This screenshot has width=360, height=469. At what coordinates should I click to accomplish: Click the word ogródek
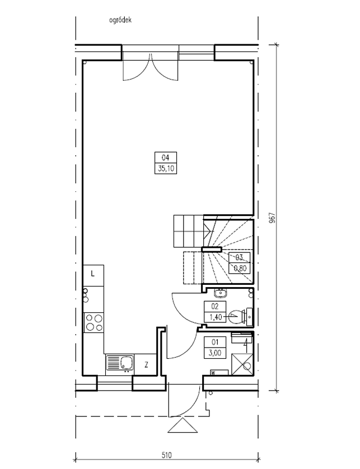click(120, 20)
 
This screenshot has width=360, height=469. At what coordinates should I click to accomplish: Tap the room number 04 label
click(166, 157)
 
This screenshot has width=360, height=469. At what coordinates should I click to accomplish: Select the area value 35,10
click(166, 168)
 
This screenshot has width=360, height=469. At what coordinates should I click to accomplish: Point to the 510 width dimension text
click(167, 455)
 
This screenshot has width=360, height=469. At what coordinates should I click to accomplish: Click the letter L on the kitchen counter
click(93, 273)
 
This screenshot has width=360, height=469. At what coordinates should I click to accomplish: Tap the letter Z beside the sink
click(146, 364)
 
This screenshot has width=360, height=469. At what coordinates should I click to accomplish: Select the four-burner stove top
click(94, 322)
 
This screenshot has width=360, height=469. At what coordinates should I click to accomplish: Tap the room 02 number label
click(215, 306)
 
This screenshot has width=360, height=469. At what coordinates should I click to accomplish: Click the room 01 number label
click(215, 342)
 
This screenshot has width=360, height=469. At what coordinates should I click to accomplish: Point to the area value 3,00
click(215, 353)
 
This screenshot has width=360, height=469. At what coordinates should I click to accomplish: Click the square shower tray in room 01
click(242, 364)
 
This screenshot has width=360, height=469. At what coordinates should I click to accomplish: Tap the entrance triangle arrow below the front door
click(183, 425)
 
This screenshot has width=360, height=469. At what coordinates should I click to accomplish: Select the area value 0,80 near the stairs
click(240, 268)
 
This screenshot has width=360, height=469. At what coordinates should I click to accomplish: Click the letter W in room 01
click(214, 373)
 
